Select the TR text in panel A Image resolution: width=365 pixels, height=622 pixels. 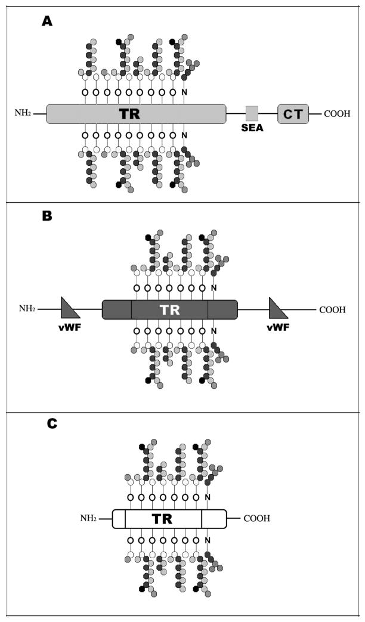click(129, 113)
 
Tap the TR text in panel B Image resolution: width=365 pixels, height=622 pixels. click(170, 310)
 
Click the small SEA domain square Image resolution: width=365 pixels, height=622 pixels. click(252, 112)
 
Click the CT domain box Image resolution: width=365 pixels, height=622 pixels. click(293, 113)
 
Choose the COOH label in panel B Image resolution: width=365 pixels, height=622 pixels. click(332, 310)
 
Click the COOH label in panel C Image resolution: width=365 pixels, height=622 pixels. click(256, 519)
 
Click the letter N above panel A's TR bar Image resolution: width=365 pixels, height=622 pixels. click(184, 92)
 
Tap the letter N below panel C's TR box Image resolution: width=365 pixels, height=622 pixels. click(207, 541)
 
